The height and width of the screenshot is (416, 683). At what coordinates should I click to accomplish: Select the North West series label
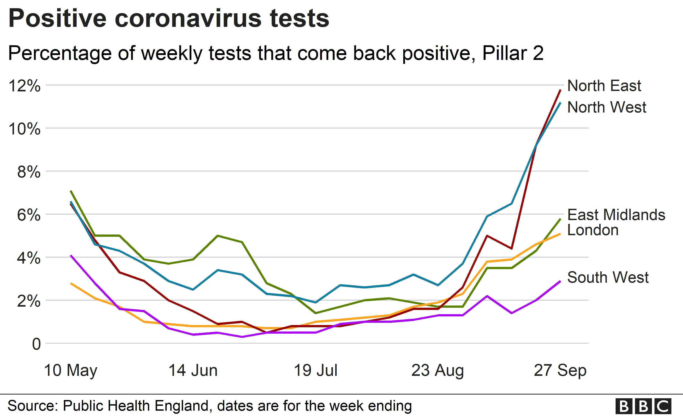pyautogui.click(x=607, y=107)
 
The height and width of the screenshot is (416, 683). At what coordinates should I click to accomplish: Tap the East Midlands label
pyautogui.click(x=616, y=215)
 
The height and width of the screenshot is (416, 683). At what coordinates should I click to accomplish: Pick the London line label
pyautogui.click(x=593, y=230)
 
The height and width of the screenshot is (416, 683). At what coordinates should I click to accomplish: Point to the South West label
pyautogui.click(x=608, y=277)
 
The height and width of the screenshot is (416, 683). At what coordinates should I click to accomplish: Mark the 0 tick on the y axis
pyautogui.click(x=36, y=344)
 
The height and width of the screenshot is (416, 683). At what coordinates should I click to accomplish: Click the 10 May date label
pyautogui.click(x=71, y=370)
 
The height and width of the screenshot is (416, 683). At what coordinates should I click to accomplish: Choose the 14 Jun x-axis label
pyautogui.click(x=193, y=370)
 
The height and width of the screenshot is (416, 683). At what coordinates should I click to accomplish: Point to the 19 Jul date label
pyautogui.click(x=315, y=370)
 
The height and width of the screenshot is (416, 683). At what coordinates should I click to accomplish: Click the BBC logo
pyautogui.click(x=643, y=406)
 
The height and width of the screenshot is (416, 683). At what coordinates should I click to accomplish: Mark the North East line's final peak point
pyautogui.click(x=560, y=90)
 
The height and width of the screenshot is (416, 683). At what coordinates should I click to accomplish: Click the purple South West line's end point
pyautogui.click(x=560, y=281)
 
